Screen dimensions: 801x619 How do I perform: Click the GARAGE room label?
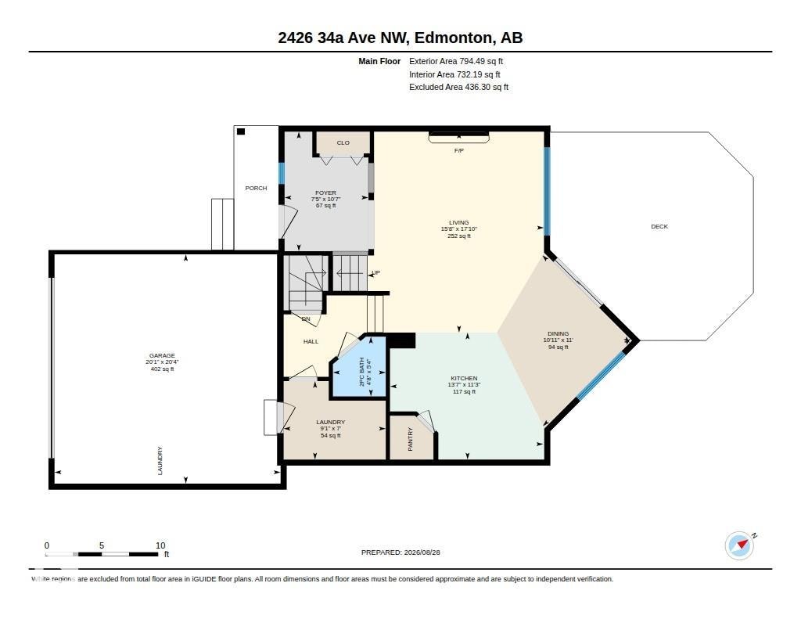[x=162, y=355]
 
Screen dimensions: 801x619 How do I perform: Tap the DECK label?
[x=659, y=226]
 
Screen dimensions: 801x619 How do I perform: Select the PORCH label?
[x=256, y=188]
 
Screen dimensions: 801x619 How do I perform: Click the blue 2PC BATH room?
[x=358, y=367]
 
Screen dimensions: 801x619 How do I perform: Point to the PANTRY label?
[x=410, y=439]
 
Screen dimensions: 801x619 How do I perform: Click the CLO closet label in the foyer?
[x=343, y=142]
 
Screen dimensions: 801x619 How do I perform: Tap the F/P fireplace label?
[x=458, y=151]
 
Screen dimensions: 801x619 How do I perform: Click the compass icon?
[x=740, y=546]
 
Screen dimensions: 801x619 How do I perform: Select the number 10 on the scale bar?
[x=160, y=545]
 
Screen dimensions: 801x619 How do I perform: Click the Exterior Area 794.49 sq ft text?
[x=456, y=61]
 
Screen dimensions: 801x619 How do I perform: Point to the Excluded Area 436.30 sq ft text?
[x=458, y=88]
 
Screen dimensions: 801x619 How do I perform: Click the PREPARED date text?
[x=400, y=552]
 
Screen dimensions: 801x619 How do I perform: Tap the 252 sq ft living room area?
[x=458, y=236]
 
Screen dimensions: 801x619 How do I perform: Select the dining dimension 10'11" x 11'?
[x=558, y=340]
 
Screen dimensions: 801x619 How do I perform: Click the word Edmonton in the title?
[x=454, y=38]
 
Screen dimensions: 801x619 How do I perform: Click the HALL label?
[x=311, y=341]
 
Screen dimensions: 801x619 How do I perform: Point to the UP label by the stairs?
[x=376, y=273]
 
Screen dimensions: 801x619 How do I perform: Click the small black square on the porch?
[x=241, y=132]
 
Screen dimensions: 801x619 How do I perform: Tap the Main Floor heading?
[x=379, y=61]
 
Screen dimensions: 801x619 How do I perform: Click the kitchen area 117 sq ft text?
[x=464, y=392]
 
